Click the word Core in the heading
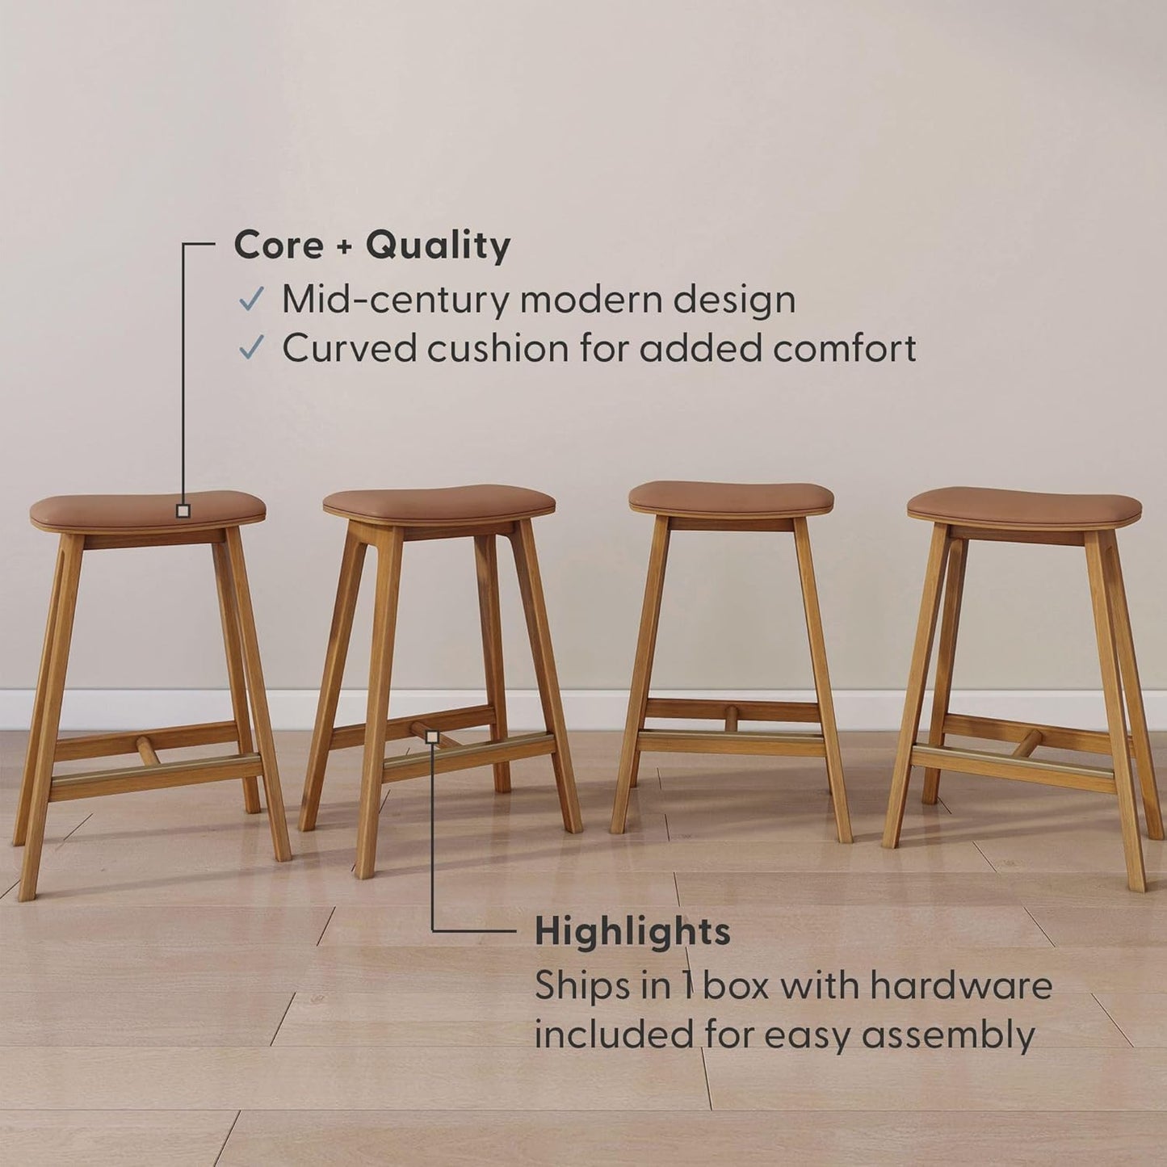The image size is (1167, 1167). pos(279,245)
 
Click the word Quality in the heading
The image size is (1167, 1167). pos(438,246)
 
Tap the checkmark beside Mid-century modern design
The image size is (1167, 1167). pos(251,300)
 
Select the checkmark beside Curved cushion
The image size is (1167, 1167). pos(251,348)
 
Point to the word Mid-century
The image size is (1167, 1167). pos(396,300)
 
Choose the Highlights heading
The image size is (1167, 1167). pos(632,932)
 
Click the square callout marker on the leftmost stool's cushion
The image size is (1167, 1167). pos(183,510)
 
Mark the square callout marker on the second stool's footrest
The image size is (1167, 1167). pos(432,737)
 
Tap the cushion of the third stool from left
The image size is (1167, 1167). pos(731,497)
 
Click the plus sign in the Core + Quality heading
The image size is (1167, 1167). pos(345,246)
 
